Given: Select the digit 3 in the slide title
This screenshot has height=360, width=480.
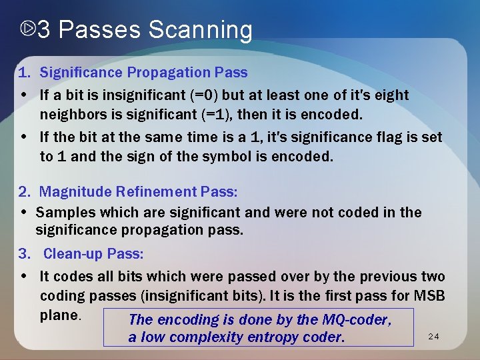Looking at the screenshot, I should click(x=44, y=31).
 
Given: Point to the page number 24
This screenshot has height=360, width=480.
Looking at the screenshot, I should click(x=433, y=338).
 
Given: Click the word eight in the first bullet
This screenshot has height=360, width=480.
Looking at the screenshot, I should click(x=391, y=95).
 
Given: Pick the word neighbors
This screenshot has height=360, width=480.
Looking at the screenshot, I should click(x=70, y=115).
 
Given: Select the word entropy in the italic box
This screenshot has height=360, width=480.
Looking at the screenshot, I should click(x=273, y=337).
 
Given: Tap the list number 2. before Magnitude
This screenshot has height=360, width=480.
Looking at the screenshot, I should click(x=25, y=192).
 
